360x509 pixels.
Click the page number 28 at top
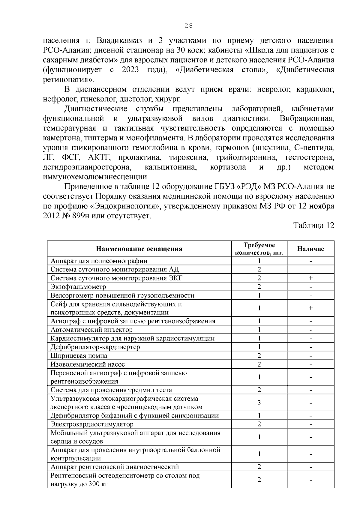point(188,26)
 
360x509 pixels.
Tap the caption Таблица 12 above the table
point(313,226)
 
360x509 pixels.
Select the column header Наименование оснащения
point(139,249)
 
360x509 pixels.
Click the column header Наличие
point(310,249)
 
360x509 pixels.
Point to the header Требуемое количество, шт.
point(259,249)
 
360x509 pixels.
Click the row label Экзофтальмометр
point(78,287)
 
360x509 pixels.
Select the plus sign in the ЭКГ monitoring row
point(310,278)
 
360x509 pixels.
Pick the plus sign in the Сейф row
point(310,308)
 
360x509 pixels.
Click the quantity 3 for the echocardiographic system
point(259,403)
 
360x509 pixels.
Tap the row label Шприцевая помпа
point(79,356)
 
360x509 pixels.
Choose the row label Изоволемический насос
point(88,364)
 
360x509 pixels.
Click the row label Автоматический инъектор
point(91,330)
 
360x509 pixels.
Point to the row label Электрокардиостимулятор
point(92,424)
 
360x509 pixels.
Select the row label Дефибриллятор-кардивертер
point(95,347)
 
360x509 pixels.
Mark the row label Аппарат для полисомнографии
point(99,261)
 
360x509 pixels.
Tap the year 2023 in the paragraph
point(130,70)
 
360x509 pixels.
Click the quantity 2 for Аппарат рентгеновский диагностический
point(259,467)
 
